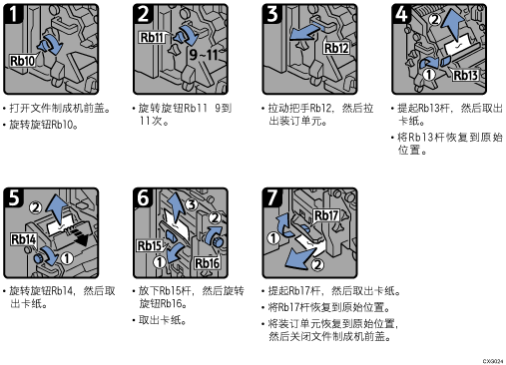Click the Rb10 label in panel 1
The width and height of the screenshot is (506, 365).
pyautogui.click(x=23, y=61)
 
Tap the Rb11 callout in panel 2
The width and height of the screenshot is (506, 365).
pyautogui.click(x=152, y=37)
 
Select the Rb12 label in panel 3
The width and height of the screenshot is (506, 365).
pyautogui.click(x=336, y=48)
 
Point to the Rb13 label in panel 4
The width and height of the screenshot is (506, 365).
pyautogui.click(x=465, y=75)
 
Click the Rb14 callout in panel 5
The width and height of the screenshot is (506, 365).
pyautogui.click(x=23, y=239)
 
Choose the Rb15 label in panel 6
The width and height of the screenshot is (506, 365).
pyautogui.click(x=149, y=245)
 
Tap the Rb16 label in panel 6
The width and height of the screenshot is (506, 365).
pyautogui.click(x=207, y=263)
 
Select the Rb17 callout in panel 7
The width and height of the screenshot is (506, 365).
pyautogui.click(x=326, y=215)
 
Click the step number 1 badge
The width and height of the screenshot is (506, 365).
pyautogui.click(x=13, y=14)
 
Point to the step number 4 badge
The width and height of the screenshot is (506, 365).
pyautogui.click(x=401, y=14)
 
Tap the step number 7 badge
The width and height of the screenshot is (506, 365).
pyautogui.click(x=272, y=198)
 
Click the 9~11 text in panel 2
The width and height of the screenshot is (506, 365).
pyautogui.click(x=204, y=55)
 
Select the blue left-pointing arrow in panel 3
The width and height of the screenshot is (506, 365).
pyautogui.click(x=306, y=32)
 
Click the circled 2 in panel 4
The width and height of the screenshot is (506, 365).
pyautogui.click(x=435, y=20)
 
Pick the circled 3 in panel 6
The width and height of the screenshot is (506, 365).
pyautogui.click(x=192, y=204)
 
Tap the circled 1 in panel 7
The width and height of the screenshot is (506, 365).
pyautogui.click(x=273, y=238)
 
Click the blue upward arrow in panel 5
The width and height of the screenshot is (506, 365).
pyautogui.click(x=56, y=209)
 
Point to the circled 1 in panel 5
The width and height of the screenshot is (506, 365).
pyautogui.click(x=67, y=258)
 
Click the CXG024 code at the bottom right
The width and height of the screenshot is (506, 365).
pyautogui.click(x=493, y=361)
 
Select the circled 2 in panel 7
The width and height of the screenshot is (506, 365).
pyautogui.click(x=317, y=264)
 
